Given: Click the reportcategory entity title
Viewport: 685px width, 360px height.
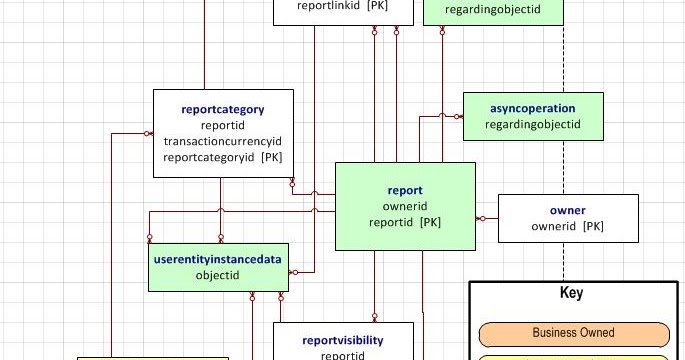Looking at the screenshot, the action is [x=223, y=109].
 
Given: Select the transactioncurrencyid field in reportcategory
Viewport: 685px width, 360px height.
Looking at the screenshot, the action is [x=223, y=141].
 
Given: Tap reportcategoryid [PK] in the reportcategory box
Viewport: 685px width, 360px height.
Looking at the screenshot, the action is [x=223, y=157].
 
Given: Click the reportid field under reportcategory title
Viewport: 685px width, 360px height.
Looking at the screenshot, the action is [x=223, y=125].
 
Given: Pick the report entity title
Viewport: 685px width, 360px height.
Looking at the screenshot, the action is [x=405, y=190].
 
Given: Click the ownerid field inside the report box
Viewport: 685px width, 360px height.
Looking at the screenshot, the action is [x=405, y=206].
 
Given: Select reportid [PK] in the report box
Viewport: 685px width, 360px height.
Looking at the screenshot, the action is [x=405, y=222].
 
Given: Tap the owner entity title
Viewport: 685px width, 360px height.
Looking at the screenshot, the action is [x=568, y=210].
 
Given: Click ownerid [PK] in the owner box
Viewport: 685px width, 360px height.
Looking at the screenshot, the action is [x=568, y=226].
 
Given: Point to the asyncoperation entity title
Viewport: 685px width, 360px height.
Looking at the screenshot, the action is [x=533, y=108].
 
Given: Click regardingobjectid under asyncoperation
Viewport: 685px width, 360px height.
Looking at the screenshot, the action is [x=533, y=125].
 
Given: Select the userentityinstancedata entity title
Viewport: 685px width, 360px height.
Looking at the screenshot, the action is [x=218, y=259].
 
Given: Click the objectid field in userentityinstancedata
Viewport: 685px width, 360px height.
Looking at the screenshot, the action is [x=218, y=275].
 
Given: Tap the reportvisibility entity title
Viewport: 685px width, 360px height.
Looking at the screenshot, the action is [x=343, y=340].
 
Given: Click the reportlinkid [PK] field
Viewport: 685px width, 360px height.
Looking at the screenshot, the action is [x=342, y=6].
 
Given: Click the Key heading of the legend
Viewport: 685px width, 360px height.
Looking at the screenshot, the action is [x=571, y=292].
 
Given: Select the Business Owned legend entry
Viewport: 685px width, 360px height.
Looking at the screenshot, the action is [x=574, y=333].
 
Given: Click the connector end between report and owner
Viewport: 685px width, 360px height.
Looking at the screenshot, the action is [x=481, y=218].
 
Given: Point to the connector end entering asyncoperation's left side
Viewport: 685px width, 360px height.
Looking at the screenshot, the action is [x=458, y=117].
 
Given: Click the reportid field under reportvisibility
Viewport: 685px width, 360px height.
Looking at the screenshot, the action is [x=343, y=356].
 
